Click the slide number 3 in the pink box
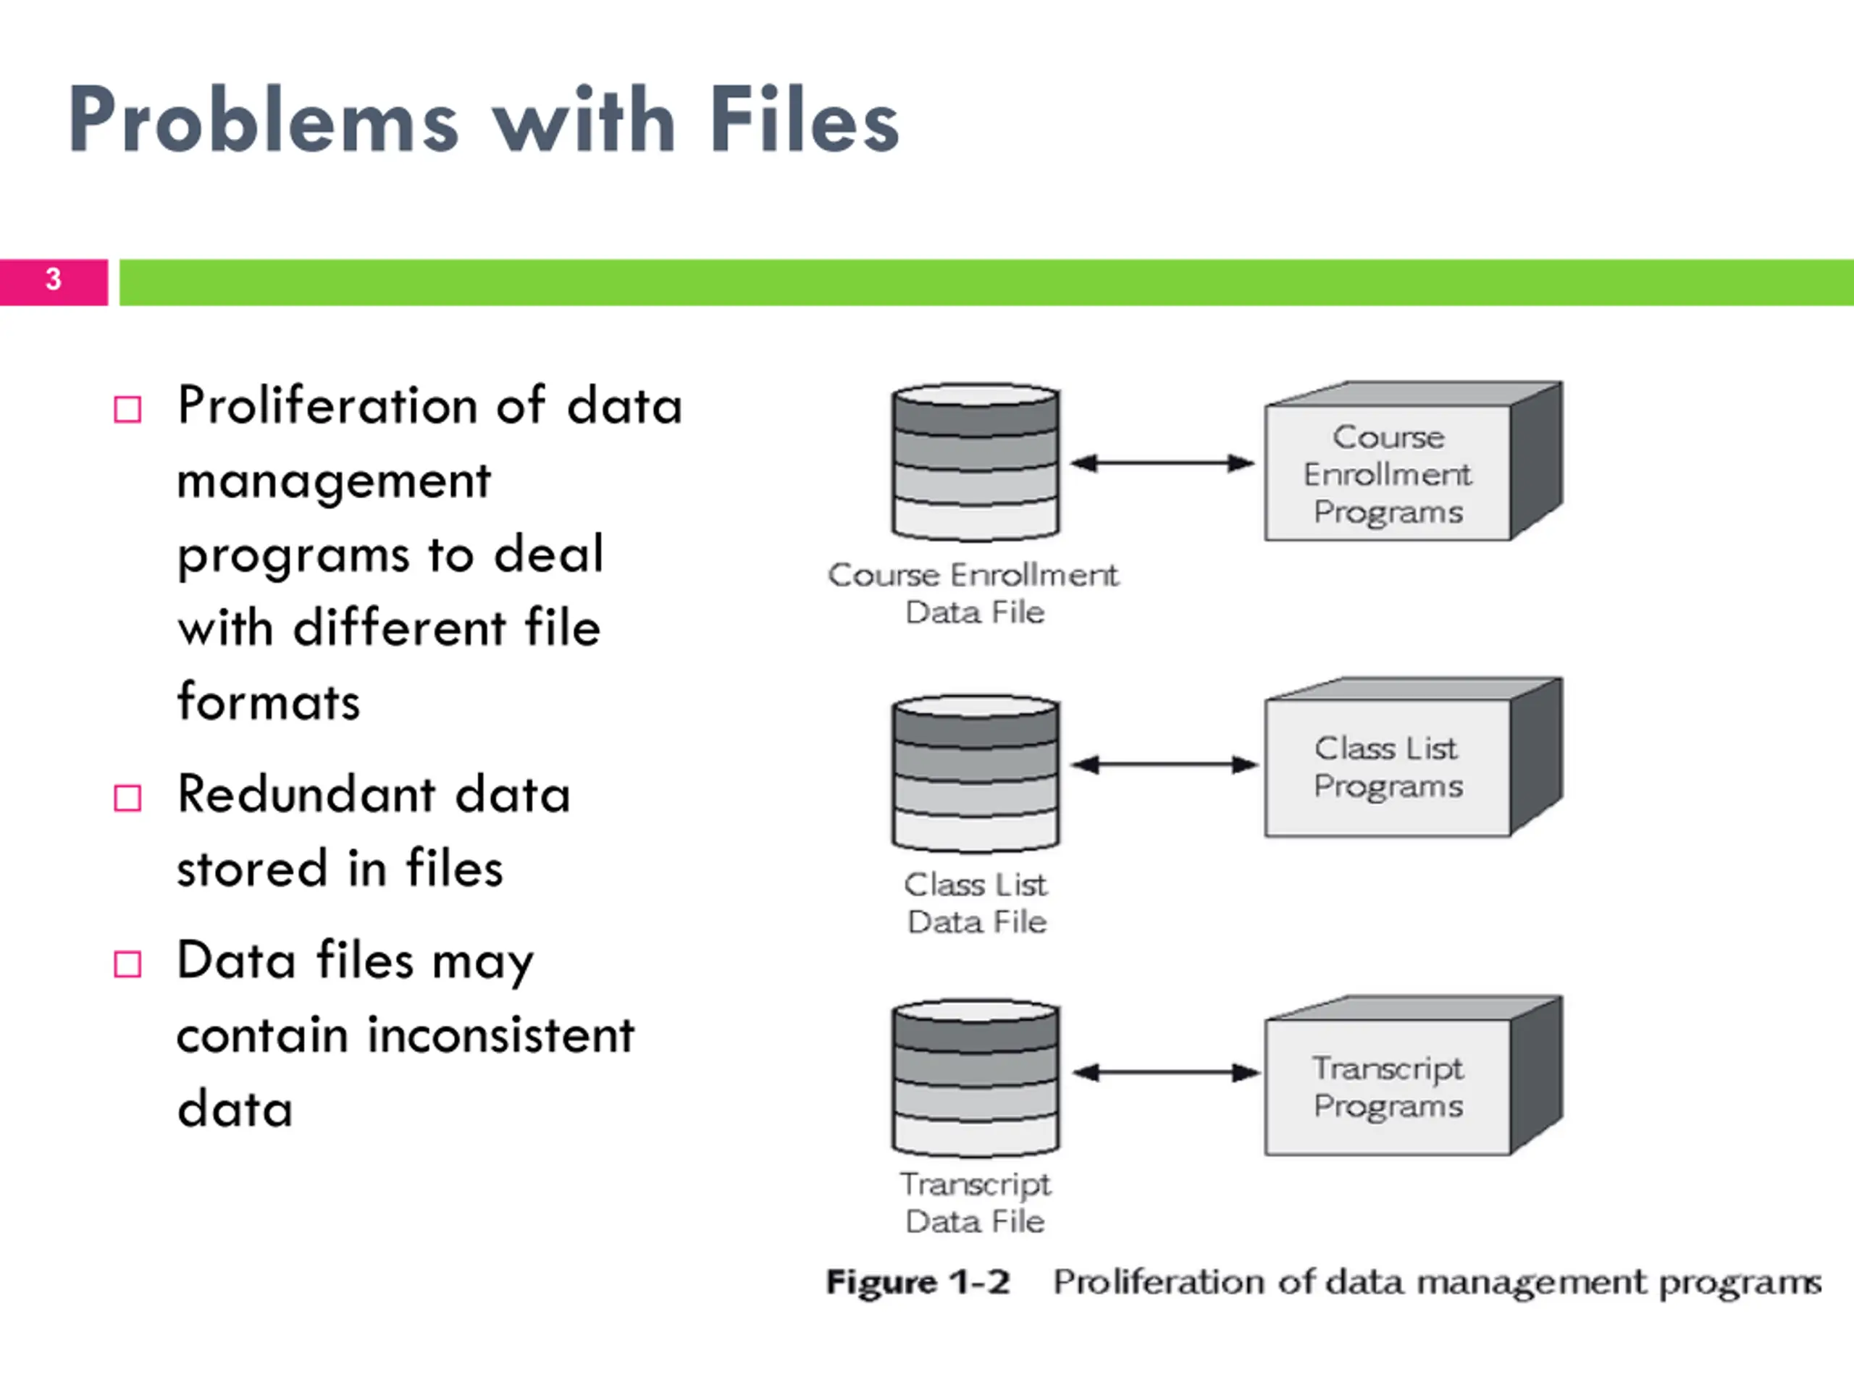[53, 279]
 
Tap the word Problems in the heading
[263, 119]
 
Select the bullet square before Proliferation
[127, 410]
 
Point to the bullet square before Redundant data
[127, 798]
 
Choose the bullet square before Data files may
[127, 964]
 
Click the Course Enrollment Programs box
[1413, 462]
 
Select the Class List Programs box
[1413, 757]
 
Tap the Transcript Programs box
[1413, 1076]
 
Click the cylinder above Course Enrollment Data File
[976, 463]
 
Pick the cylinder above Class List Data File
[976, 773]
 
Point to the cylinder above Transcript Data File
[976, 1077]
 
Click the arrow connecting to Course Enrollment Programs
[1162, 463]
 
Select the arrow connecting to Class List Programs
[1165, 764]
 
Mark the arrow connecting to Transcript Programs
[1166, 1072]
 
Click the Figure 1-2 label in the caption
[918, 1283]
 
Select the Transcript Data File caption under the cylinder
[976, 1203]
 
